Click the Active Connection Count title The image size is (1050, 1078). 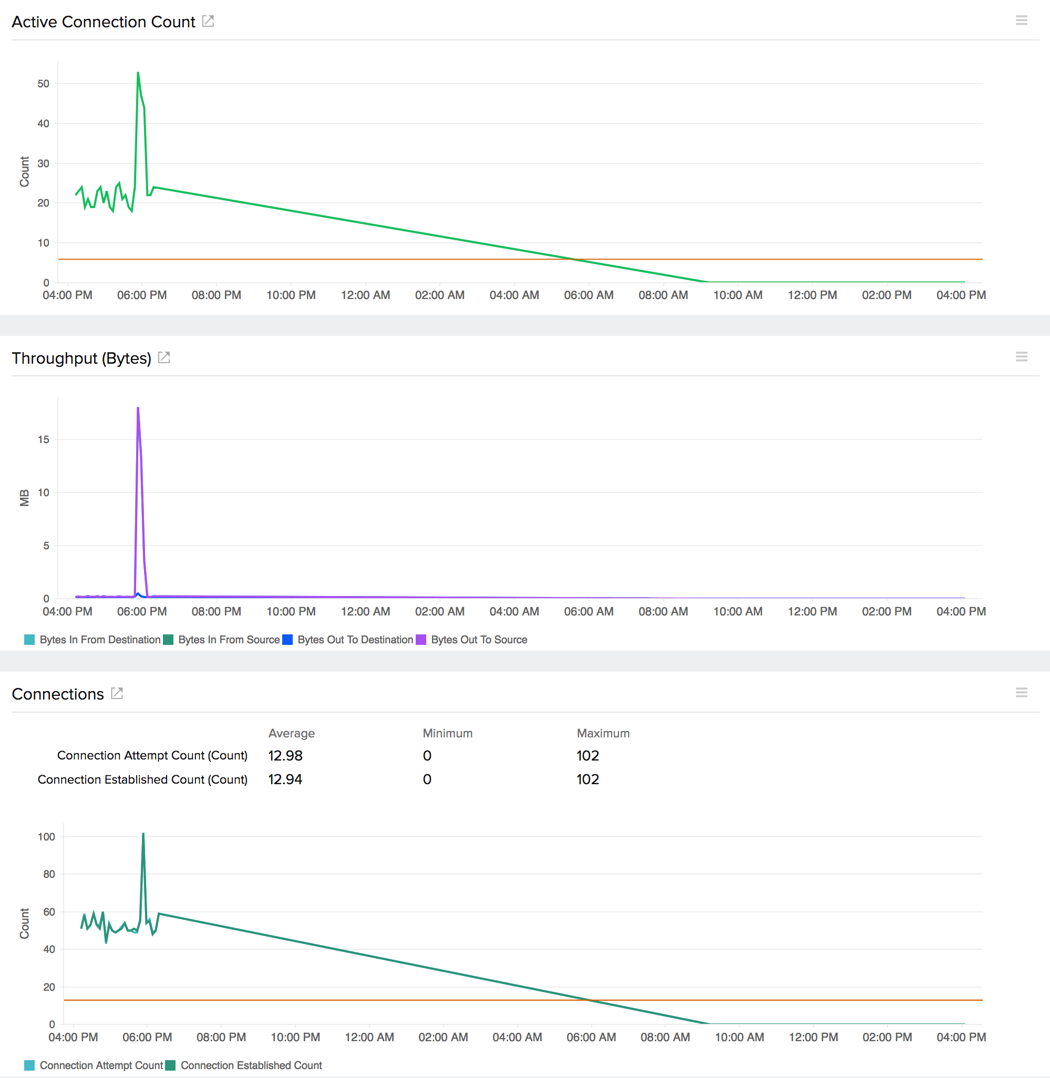(103, 22)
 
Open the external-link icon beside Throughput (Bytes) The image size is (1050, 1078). (164, 357)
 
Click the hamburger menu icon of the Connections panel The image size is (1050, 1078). (1021, 693)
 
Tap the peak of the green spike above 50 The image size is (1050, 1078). (138, 73)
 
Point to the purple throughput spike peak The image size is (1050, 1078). (138, 408)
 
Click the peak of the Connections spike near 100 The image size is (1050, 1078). (143, 834)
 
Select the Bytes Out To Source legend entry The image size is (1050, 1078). (478, 640)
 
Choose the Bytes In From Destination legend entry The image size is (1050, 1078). (99, 640)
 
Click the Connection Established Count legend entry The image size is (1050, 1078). (251, 1065)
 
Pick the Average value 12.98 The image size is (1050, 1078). (285, 755)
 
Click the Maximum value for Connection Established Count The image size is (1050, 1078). (588, 779)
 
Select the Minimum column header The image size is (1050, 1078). (447, 733)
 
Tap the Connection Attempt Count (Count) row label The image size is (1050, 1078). (152, 755)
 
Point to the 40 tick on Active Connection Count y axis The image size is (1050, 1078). (43, 124)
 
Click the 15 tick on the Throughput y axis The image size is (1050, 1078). (43, 439)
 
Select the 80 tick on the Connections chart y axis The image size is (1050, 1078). (49, 874)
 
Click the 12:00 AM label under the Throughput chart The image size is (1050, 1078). (365, 611)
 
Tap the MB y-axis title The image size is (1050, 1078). (24, 497)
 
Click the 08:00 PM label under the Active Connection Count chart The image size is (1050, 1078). (216, 295)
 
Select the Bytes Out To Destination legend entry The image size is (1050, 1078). (355, 640)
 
